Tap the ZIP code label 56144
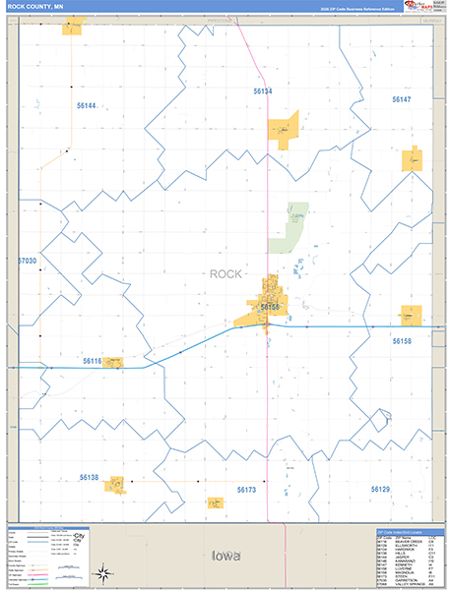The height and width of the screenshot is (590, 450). tap(88, 105)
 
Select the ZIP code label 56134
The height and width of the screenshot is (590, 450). tap(262, 90)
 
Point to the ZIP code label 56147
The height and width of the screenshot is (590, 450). tap(401, 99)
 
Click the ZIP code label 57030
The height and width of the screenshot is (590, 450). tap(27, 261)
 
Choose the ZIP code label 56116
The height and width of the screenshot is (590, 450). tap(91, 361)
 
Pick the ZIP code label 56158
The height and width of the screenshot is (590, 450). tap(402, 341)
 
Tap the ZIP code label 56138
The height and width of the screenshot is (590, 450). tap(90, 477)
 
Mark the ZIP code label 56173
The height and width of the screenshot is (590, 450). tap(246, 489)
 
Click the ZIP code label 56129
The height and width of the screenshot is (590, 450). tap(380, 489)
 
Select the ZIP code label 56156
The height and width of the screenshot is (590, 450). tap(271, 307)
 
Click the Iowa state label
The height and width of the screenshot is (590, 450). tap(225, 557)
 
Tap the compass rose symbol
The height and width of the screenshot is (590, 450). tap(101, 572)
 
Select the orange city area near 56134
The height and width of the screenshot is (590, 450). tap(283, 130)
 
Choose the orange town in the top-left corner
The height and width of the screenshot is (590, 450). tap(72, 28)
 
